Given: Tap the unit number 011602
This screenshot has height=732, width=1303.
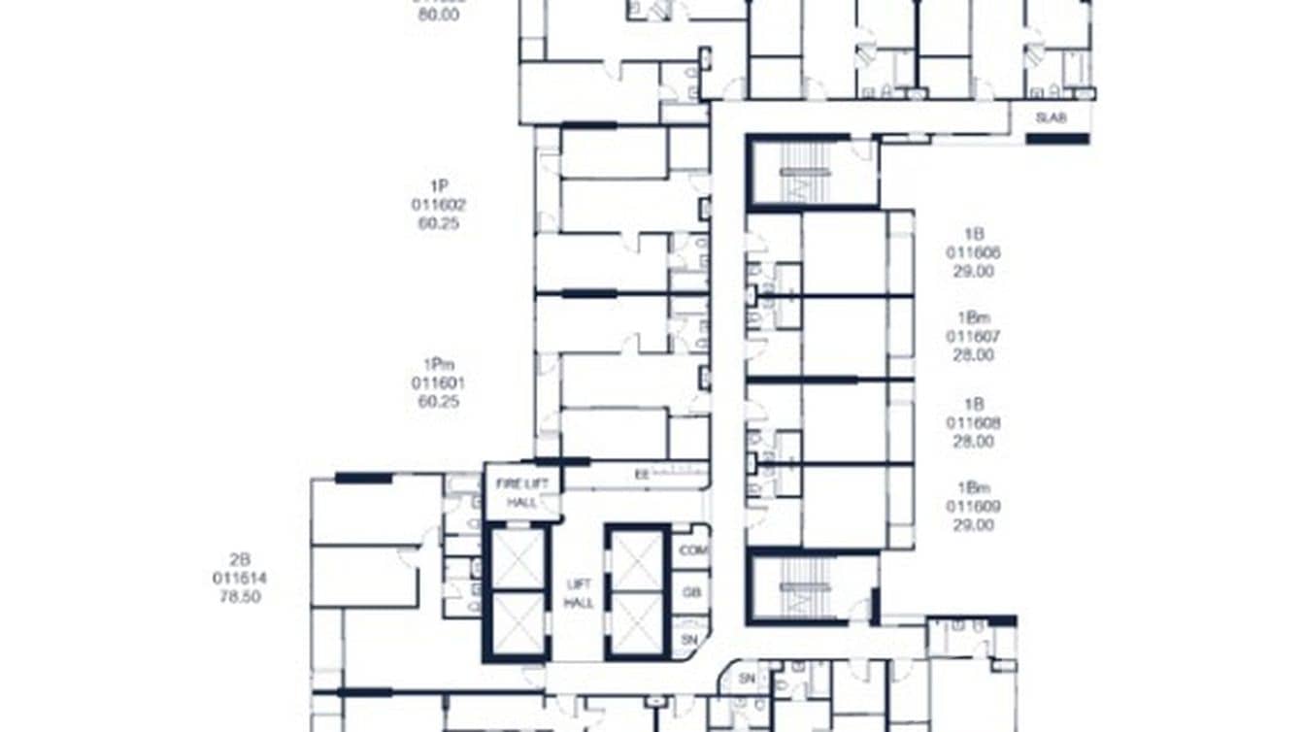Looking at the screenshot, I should (x=438, y=205).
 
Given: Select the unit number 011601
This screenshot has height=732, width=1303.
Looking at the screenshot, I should (x=438, y=383).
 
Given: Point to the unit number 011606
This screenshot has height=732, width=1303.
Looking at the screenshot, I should (x=974, y=252).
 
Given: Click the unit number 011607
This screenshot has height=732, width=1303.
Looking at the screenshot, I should (x=974, y=337).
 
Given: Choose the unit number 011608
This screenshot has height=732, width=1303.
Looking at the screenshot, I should (x=974, y=423).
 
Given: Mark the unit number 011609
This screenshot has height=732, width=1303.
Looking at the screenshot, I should (x=974, y=507).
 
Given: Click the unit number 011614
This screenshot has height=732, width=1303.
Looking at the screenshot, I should (x=240, y=579).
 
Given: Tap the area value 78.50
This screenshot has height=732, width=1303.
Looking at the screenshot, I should (x=240, y=597).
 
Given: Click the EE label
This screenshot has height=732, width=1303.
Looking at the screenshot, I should (x=641, y=476).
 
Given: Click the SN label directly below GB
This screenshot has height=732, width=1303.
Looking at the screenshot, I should (x=690, y=639).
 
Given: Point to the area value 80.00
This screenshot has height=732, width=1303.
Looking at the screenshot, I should (x=438, y=16).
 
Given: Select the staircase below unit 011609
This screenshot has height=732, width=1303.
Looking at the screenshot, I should (x=805, y=586).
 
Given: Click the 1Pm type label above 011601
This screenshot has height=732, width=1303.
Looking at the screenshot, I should (x=438, y=365).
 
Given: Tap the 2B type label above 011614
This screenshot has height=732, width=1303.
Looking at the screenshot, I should (x=240, y=560).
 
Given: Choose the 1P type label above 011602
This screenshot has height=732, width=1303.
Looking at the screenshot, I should (x=438, y=186).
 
